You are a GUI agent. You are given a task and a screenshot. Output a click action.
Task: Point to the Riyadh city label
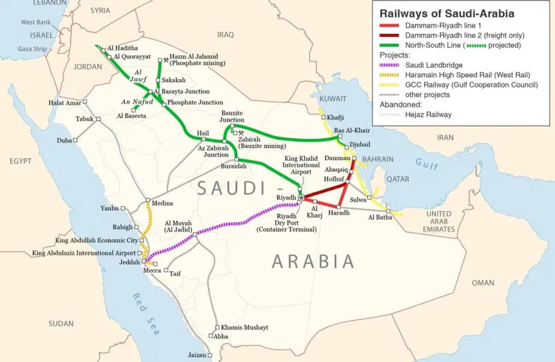[x=286, y=198]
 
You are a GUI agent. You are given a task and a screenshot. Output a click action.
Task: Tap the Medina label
[x=162, y=204]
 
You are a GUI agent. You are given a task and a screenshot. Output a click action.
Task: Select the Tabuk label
[x=84, y=119]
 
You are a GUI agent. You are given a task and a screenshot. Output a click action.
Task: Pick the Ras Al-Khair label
[x=352, y=130]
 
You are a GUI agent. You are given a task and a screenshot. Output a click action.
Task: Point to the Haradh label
[x=339, y=213]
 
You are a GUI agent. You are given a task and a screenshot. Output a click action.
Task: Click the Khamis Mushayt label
[x=244, y=328]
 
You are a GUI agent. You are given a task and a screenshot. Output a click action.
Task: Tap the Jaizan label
[x=197, y=355]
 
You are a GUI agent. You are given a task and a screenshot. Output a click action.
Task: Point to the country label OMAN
[x=482, y=283]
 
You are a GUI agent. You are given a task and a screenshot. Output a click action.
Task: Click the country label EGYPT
[x=20, y=162]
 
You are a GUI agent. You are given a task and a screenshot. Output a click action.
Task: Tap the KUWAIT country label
[x=333, y=99]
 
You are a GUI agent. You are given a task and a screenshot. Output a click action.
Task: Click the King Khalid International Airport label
[x=302, y=165]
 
